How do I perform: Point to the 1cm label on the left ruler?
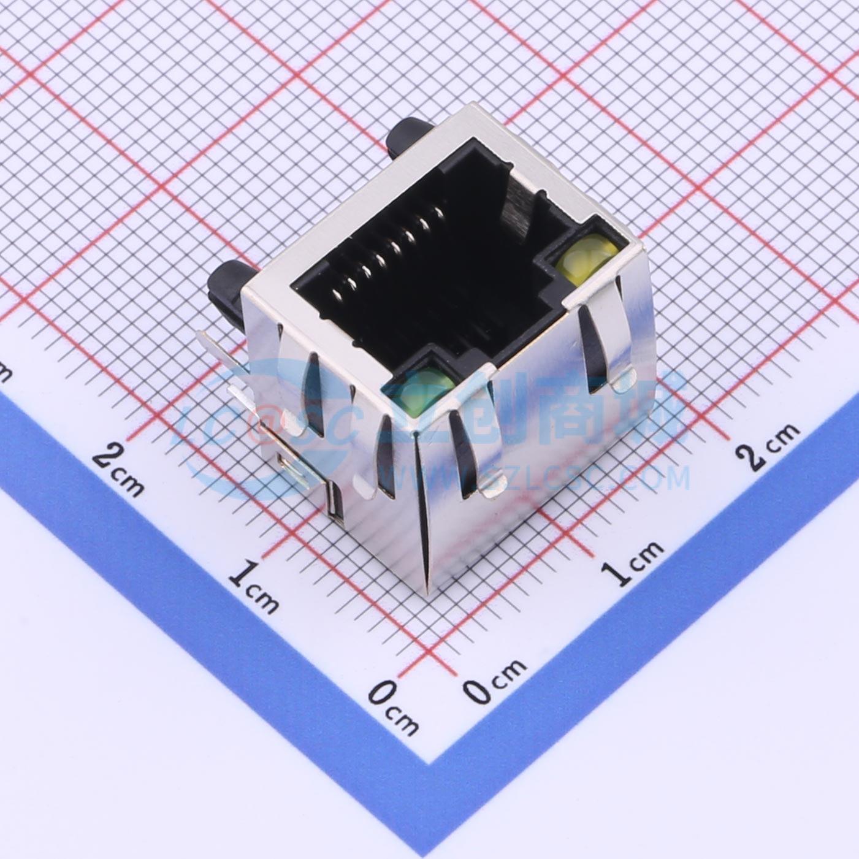tap(255, 586)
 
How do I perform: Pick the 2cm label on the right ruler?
tap(769, 445)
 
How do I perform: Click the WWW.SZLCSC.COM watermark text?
tap(533, 478)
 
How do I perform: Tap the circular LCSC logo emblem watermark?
tap(258, 429)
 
